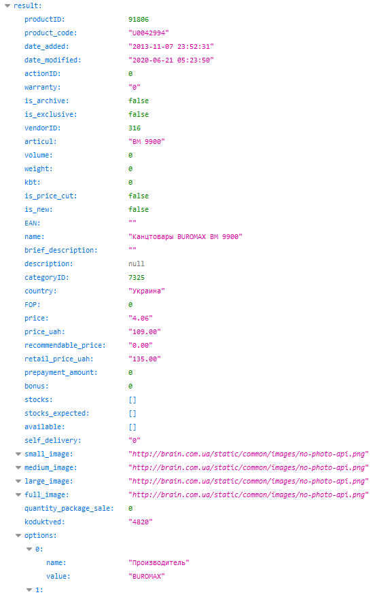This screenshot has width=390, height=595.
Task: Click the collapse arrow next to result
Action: point(7,5)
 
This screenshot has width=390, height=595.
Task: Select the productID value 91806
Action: point(139,19)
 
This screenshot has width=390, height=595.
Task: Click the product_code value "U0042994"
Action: point(149,33)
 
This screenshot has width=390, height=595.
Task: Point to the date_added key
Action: point(47,47)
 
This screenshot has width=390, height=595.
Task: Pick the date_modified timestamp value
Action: point(171,60)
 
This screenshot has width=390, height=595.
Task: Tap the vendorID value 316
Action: point(135,128)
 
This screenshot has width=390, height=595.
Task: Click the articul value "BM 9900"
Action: point(147,141)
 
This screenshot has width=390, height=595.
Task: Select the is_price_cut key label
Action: point(51,196)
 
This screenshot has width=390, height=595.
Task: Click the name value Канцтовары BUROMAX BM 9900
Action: point(185,237)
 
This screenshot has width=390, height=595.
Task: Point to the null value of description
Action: point(137,264)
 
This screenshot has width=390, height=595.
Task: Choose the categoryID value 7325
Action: point(137,277)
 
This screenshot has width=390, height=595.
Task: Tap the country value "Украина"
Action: point(147,291)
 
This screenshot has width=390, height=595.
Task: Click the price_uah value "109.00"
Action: point(144,331)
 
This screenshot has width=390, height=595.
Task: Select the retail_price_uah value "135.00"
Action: point(144,359)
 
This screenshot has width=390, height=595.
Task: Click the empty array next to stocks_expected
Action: point(132,413)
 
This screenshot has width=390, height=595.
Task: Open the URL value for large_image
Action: point(249,481)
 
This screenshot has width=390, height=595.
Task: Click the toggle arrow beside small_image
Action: point(18,454)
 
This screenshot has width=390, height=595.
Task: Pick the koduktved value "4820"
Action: point(141,522)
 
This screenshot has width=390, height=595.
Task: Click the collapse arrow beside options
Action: point(18,535)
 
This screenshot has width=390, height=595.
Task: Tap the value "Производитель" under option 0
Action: point(159,563)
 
